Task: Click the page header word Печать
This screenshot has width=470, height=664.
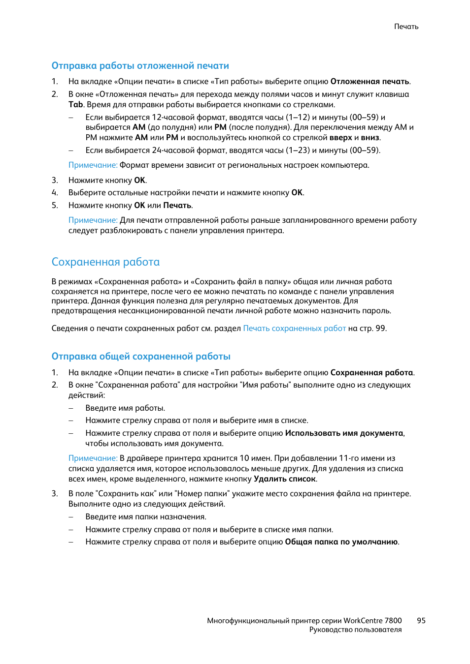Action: coord(406,27)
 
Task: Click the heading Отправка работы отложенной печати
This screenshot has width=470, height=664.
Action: coord(140,66)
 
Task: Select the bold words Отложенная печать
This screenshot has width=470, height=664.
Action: coord(369,82)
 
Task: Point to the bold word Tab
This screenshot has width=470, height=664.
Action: coord(75,105)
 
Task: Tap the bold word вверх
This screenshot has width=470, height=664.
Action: coord(340,138)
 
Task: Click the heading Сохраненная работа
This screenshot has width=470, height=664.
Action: coord(105,262)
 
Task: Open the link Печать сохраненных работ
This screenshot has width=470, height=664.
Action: coord(294,329)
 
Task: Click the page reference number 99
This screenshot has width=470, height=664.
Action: coord(380,329)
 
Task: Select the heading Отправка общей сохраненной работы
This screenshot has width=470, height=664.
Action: coord(141,357)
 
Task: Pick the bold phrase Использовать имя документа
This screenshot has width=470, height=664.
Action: coord(344,433)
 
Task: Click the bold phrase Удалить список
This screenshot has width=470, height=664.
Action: coord(284,479)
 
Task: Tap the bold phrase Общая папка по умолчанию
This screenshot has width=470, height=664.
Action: coord(341,542)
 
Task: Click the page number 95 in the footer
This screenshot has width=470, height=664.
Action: coord(421,621)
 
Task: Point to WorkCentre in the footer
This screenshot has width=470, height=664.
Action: coord(363,621)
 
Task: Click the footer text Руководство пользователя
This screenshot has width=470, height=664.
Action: coord(355,630)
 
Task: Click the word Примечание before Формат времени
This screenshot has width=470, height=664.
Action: coord(93,165)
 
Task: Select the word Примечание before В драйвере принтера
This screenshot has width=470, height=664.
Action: coord(93,458)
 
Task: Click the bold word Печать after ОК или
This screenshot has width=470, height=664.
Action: coord(177,206)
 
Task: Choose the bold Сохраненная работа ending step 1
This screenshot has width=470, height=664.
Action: coord(371,373)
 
